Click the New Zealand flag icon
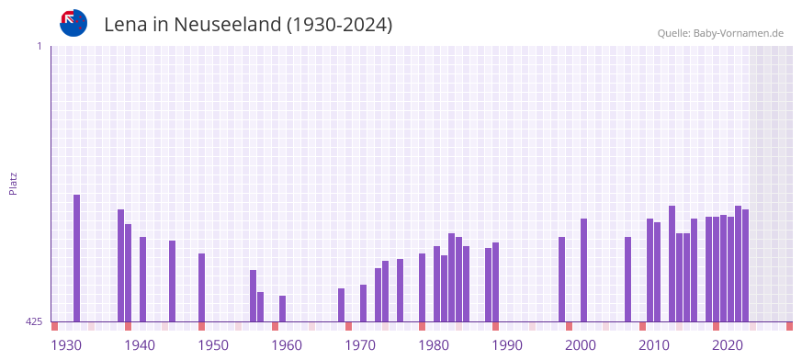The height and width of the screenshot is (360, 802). [x=73, y=23]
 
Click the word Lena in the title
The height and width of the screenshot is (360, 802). [x=125, y=25]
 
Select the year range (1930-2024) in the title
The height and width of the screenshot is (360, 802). [x=340, y=25]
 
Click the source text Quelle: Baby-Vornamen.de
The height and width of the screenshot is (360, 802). [x=719, y=33]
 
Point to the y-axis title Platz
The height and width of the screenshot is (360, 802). [x=13, y=183]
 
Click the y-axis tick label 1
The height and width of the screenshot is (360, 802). [x=39, y=46]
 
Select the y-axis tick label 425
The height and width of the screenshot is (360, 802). [x=34, y=321]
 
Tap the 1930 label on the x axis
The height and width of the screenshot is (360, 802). [x=66, y=345]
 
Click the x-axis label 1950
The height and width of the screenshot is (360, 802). [x=213, y=345]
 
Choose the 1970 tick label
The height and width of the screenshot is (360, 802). [x=360, y=345]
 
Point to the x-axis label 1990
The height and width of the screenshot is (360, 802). [x=507, y=345]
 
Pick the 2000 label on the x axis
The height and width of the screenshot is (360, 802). [x=581, y=345]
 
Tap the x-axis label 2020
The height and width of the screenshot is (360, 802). [x=728, y=345]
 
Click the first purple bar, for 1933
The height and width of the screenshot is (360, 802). [x=76, y=258]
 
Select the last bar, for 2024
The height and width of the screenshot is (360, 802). [x=745, y=265]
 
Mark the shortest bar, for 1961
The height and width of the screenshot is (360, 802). [x=282, y=309]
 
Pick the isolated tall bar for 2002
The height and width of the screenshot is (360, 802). [x=583, y=270]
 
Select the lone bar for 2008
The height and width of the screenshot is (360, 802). [x=627, y=279]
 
